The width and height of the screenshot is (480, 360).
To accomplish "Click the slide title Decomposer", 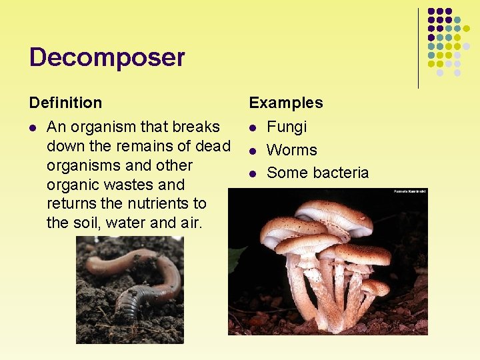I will pyautogui.click(x=107, y=58).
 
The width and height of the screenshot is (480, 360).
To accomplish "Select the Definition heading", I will pyautogui.click(x=65, y=103).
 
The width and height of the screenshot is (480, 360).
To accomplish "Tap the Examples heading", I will pyautogui.click(x=285, y=103).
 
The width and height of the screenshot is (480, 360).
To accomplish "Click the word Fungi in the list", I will pyautogui.click(x=287, y=127).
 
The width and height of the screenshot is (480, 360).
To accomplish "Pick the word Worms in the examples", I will pyautogui.click(x=291, y=150).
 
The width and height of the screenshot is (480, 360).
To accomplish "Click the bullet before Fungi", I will pyautogui.click(x=253, y=127).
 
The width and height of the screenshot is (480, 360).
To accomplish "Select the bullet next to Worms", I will pyautogui.click(x=253, y=151).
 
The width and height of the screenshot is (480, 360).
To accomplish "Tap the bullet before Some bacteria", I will pyautogui.click(x=253, y=173).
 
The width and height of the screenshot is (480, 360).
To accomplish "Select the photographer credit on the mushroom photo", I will pyautogui.click(x=409, y=191).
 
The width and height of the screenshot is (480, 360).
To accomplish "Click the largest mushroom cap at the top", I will pyautogui.click(x=333, y=217).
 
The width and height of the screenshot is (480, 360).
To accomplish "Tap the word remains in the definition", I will pyautogui.click(x=139, y=146).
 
